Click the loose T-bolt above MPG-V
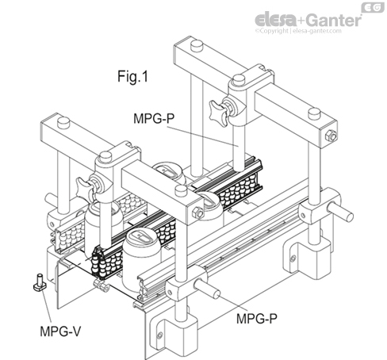click(x=37, y=281)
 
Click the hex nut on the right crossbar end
click(x=329, y=140)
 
